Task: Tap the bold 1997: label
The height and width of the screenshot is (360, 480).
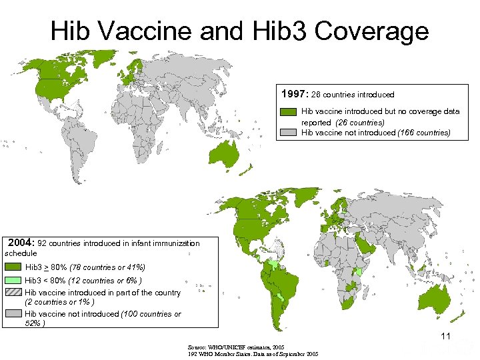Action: [x=295, y=94]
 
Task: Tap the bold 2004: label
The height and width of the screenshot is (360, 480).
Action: [x=22, y=243]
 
